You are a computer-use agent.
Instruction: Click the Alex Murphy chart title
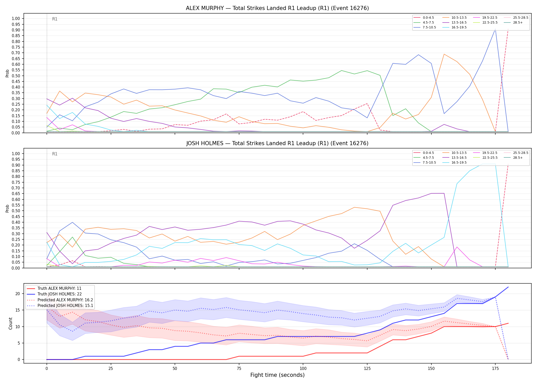point(277,8)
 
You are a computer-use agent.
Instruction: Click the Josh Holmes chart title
point(277,143)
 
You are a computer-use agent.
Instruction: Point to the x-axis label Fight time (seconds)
point(277,375)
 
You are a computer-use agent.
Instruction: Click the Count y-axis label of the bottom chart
point(10,323)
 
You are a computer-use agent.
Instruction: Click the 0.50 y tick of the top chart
point(16,76)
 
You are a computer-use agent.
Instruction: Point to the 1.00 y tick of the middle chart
point(16,154)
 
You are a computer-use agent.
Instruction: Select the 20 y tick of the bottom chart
point(18,294)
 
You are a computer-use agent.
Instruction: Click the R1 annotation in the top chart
point(55,19)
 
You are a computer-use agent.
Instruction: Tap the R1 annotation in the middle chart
point(55,154)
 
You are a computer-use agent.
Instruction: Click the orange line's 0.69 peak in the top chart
point(444,54)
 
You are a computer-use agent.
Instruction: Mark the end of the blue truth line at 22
point(508,287)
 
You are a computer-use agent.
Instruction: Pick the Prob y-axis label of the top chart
point(7,73)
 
